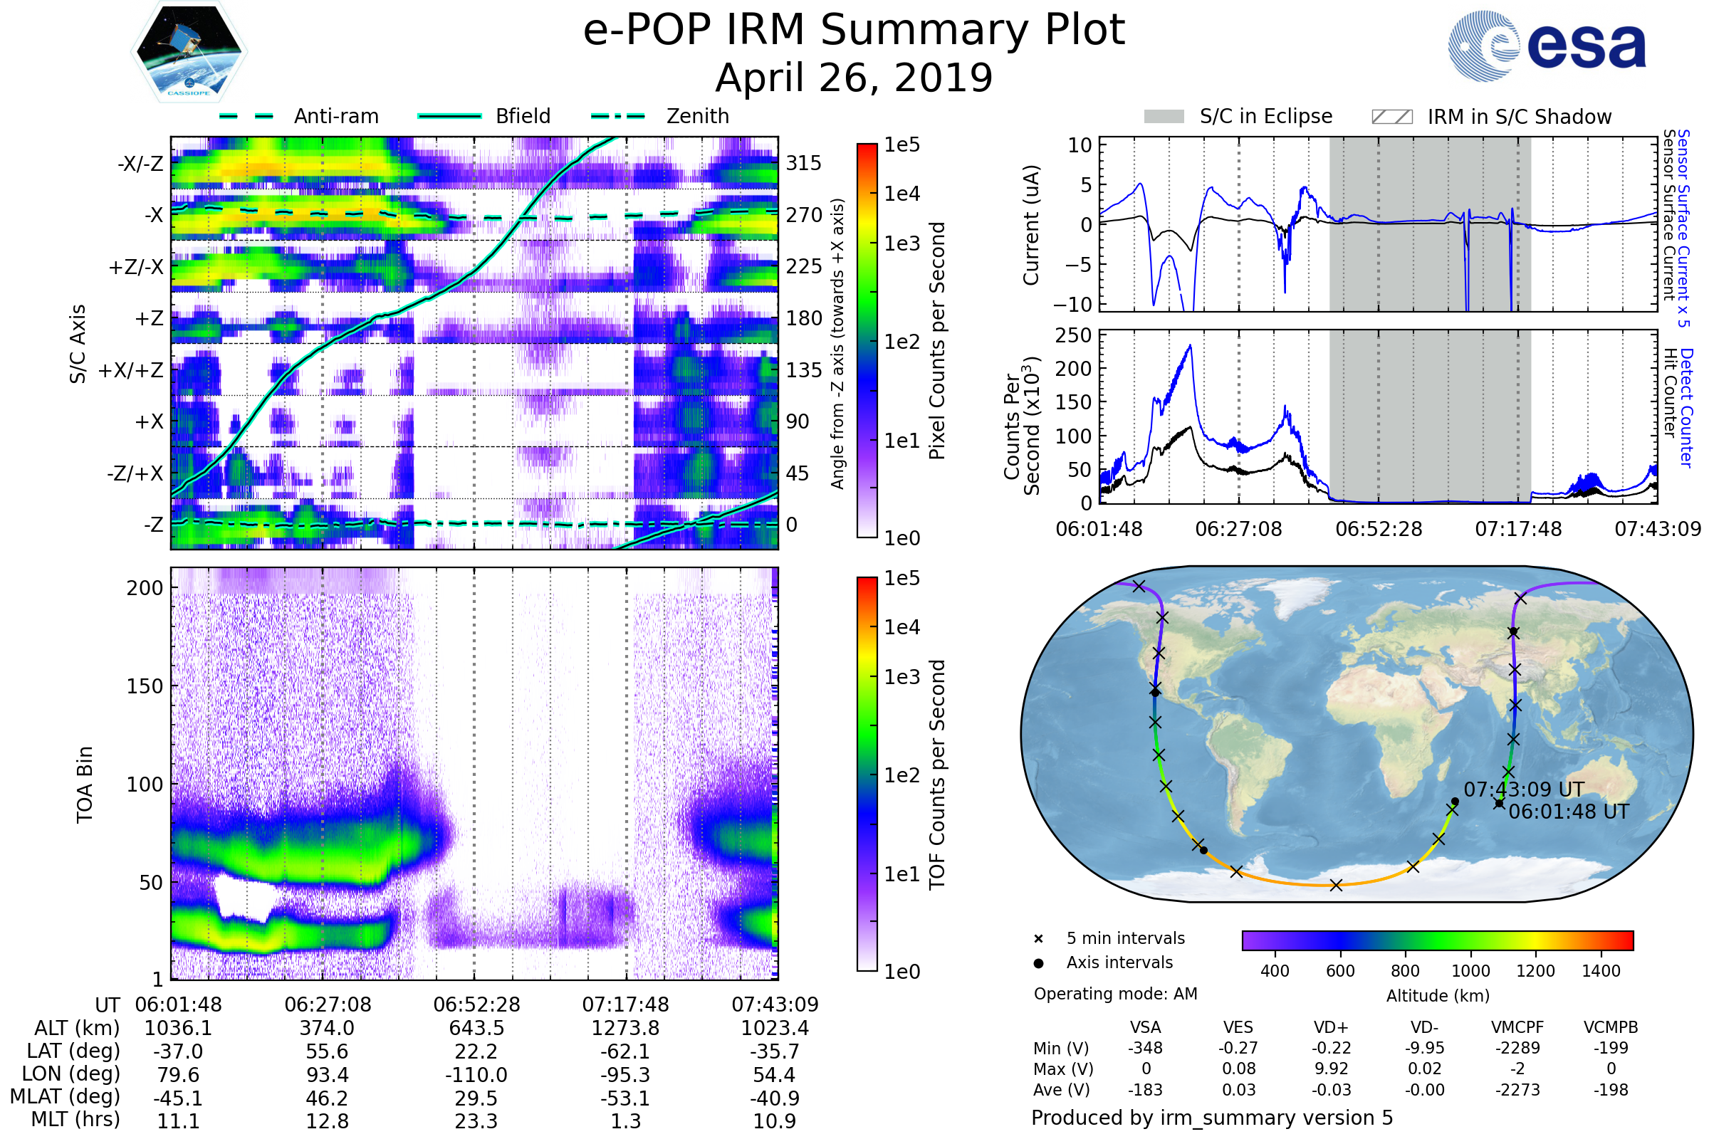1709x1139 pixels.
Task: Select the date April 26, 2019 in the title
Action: click(854, 78)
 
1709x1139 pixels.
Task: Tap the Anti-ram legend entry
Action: click(335, 116)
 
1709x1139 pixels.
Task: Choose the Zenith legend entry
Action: click(698, 116)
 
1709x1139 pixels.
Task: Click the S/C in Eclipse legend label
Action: click(1266, 116)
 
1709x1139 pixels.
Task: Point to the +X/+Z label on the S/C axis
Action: click(131, 370)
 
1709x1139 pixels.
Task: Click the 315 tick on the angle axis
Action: click(804, 163)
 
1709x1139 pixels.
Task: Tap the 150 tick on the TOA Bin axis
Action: click(145, 686)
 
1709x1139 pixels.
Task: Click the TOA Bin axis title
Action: click(85, 784)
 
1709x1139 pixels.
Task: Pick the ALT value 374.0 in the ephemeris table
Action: click(327, 1028)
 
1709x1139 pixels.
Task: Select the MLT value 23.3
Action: click(476, 1120)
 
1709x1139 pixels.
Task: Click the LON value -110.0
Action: click(476, 1074)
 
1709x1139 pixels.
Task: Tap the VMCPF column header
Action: click(1517, 1027)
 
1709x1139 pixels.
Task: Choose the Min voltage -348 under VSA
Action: click(1145, 1048)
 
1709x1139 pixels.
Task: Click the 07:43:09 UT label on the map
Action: click(1524, 789)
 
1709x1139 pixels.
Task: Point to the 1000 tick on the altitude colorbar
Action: click(1470, 971)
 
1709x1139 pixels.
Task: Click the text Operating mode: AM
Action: click(1115, 994)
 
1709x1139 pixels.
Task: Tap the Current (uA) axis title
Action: click(1031, 225)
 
